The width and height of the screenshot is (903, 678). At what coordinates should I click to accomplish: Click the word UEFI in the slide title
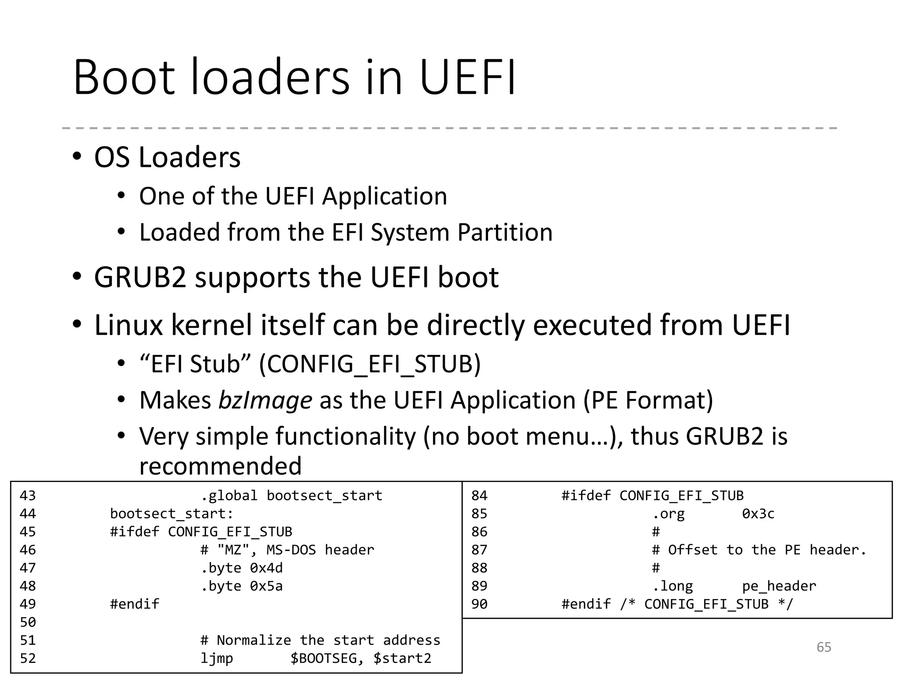click(467, 78)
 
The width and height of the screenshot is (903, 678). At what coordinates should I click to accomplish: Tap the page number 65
click(824, 647)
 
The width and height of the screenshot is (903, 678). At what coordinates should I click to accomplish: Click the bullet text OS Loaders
click(167, 157)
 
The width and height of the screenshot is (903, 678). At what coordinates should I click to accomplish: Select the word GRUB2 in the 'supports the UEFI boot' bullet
click(140, 278)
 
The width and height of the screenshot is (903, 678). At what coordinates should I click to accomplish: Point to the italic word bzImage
click(265, 400)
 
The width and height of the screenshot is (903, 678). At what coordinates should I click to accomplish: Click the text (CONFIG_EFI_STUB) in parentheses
click(369, 365)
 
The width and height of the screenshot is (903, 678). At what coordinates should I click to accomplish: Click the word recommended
click(220, 466)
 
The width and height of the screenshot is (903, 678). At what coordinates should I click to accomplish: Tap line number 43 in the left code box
click(27, 496)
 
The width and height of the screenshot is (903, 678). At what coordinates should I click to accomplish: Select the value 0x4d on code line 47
click(266, 568)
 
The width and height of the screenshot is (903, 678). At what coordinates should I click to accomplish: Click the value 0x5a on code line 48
click(266, 586)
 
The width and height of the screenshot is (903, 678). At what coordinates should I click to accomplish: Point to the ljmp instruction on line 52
click(216, 659)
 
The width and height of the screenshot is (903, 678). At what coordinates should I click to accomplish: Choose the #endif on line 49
click(134, 604)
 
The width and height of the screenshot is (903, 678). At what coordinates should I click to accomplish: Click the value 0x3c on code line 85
click(758, 514)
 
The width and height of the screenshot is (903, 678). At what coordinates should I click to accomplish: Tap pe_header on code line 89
click(779, 586)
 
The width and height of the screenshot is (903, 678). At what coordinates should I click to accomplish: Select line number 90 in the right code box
click(479, 604)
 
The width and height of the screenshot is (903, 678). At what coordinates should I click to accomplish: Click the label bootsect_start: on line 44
click(172, 514)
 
